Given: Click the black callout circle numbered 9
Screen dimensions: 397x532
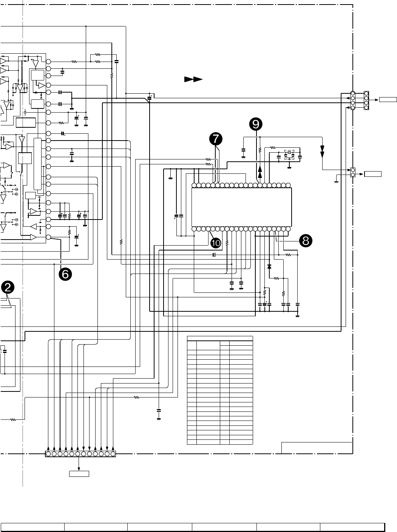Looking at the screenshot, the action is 256,124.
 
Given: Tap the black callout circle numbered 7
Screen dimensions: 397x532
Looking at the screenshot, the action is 216,139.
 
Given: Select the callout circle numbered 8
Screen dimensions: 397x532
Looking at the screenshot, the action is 306,241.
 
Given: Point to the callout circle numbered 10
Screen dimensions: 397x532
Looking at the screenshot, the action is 216,243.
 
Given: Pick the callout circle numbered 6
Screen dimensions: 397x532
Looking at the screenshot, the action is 65,274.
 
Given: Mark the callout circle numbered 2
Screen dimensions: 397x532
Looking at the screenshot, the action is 8,288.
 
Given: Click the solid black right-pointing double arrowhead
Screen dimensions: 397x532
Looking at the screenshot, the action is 193,79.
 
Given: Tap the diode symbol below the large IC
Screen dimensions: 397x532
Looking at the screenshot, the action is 269,266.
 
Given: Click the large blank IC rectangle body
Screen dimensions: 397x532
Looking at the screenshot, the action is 241,207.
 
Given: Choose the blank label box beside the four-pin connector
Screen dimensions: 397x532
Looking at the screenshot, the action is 388,100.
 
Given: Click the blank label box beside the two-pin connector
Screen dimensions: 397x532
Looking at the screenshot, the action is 373,174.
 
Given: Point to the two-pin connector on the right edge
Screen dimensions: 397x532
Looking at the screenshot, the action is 353,172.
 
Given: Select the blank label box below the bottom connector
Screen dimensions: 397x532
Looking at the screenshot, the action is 79,473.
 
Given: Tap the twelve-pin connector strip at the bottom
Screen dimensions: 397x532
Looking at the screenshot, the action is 80,454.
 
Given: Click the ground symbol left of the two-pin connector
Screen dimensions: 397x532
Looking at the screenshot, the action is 336,182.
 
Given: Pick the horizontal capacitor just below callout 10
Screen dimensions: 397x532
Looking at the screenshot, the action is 214,255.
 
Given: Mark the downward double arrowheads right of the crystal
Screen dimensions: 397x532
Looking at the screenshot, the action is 322,152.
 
